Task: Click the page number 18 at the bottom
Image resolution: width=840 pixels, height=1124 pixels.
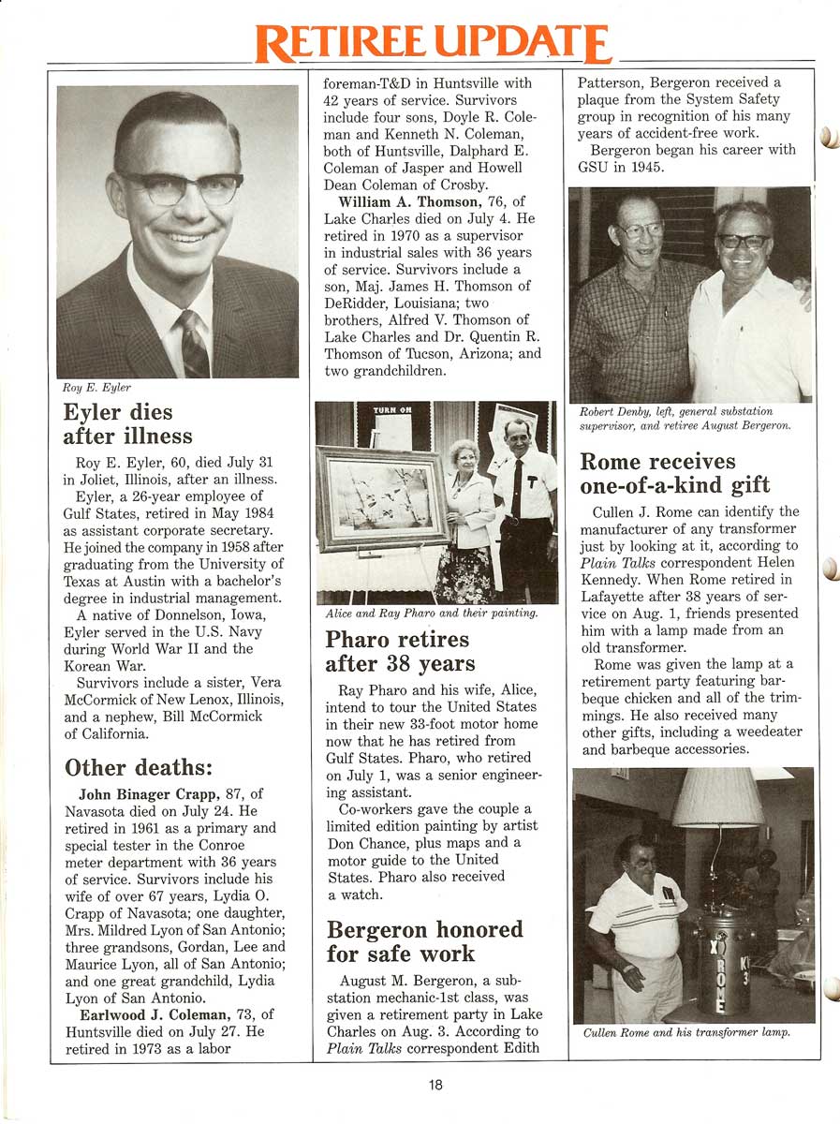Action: (x=435, y=1085)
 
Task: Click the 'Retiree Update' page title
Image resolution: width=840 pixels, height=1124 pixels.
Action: (x=435, y=43)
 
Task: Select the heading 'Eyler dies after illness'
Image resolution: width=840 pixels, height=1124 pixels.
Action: (x=127, y=424)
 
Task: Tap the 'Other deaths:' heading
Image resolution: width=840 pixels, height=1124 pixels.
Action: (x=139, y=767)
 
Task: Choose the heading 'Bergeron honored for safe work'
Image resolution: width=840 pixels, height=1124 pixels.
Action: (x=424, y=942)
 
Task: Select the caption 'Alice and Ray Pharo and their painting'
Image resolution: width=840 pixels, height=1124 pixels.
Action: (x=431, y=613)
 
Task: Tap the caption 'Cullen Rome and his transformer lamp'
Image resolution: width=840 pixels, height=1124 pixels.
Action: (x=686, y=1033)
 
